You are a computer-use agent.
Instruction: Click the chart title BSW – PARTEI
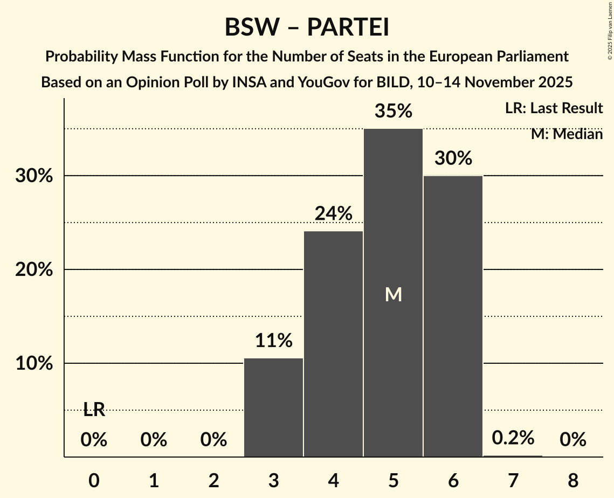307,27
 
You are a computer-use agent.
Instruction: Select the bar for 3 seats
274,407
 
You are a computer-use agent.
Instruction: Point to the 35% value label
394,111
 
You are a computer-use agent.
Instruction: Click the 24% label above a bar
334,214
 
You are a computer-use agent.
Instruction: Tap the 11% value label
274,341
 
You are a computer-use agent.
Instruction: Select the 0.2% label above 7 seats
513,438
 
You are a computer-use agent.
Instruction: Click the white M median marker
394,294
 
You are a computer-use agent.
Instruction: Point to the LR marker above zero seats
94,410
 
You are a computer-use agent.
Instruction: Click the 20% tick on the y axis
34,269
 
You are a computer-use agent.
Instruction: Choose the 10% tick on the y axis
34,363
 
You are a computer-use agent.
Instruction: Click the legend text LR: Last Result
554,108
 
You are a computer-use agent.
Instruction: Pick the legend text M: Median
567,134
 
